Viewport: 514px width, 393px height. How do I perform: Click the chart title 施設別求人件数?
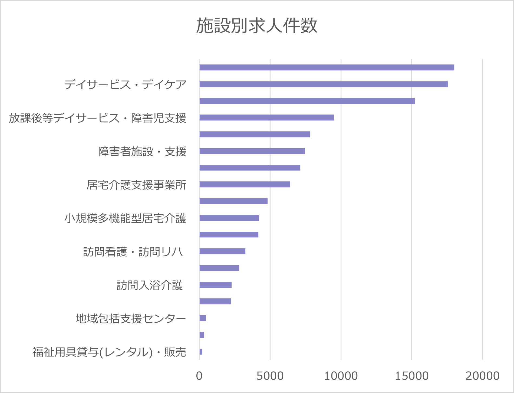click(256, 26)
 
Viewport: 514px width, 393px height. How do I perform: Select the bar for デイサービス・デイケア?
click(323, 84)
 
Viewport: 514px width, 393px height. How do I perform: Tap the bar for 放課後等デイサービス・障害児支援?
click(266, 117)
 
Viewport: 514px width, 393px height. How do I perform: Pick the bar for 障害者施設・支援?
click(252, 151)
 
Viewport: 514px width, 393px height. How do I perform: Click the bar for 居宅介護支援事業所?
click(245, 184)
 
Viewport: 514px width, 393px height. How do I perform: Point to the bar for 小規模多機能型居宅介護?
click(229, 218)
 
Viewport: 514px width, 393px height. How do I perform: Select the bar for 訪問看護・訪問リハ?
click(222, 251)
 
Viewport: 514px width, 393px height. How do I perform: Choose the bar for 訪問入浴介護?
click(215, 285)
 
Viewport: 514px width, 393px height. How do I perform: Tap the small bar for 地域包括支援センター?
click(203, 318)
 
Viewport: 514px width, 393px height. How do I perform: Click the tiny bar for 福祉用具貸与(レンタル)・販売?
click(201, 352)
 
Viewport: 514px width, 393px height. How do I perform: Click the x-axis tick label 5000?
click(270, 376)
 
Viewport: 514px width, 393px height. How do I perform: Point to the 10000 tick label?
click(341, 376)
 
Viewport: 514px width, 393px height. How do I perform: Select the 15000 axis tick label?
click(412, 376)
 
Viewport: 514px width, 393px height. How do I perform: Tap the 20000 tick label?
click(482, 376)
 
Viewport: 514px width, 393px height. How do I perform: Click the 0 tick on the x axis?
click(199, 376)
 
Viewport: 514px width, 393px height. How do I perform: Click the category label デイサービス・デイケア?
click(125, 85)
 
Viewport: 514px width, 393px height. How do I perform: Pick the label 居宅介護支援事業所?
click(136, 185)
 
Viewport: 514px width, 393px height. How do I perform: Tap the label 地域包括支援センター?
click(131, 319)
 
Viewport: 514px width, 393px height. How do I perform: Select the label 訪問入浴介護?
click(150, 285)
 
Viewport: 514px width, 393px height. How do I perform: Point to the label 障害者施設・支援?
click(142, 152)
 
